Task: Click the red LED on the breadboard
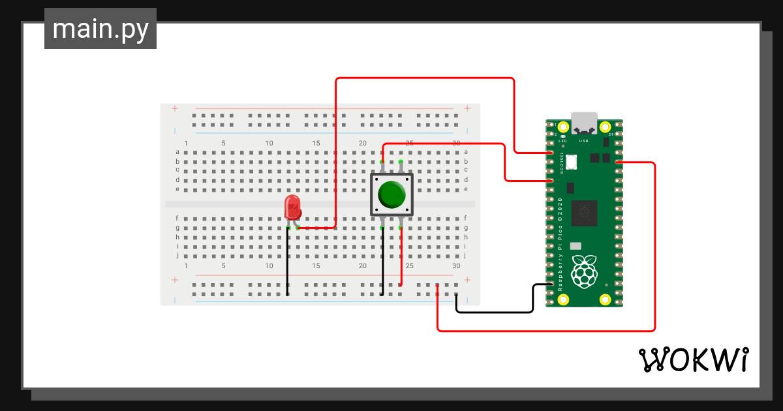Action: pos(293,207)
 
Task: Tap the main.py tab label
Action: pos(100,29)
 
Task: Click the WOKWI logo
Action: pos(692,359)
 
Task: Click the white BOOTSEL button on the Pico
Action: pos(572,162)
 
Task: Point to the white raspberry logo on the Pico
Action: pos(584,271)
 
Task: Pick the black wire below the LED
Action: pos(288,261)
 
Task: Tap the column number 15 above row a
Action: pos(316,143)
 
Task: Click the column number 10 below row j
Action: pos(269,266)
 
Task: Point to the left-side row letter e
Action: pos(177,189)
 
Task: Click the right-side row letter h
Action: pos(466,237)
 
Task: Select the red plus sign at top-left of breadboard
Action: pos(174,108)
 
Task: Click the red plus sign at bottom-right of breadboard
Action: pos(467,280)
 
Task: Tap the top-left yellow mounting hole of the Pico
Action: pos(563,127)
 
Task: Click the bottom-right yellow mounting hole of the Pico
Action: pos(606,299)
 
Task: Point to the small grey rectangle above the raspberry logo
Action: pos(575,246)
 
